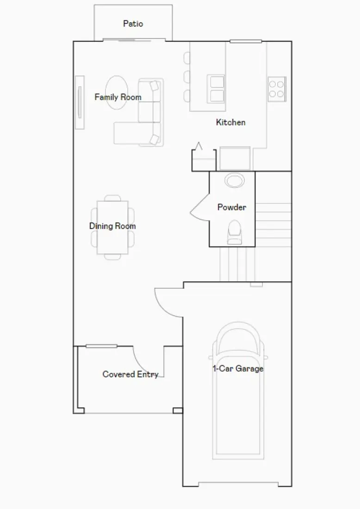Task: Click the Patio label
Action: [133, 24]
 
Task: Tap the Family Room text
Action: [118, 97]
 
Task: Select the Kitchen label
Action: [230, 123]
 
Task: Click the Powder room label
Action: [231, 207]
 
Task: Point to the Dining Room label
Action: [112, 226]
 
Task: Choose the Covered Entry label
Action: [130, 374]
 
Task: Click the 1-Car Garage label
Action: [238, 369]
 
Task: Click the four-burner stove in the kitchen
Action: [277, 89]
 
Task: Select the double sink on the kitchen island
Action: [216, 88]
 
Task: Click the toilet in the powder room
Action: [235, 232]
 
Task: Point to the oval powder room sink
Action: [235, 180]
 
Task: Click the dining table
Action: [112, 227]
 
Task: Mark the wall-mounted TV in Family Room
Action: [80, 102]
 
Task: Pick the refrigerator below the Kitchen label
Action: [235, 159]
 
